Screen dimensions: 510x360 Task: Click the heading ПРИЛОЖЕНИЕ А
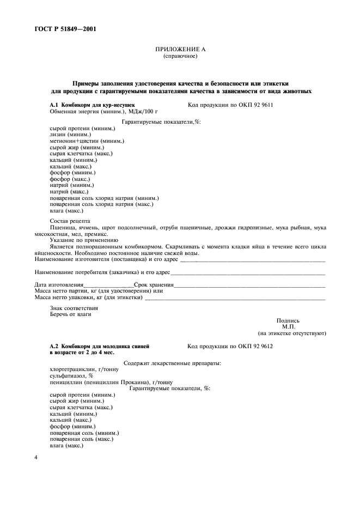tap(180, 50)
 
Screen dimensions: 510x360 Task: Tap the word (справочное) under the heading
tap(180, 56)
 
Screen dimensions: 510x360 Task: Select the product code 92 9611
tap(261, 104)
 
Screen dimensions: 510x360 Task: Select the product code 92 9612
tap(261, 346)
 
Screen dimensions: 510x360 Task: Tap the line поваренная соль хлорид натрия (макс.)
tap(101, 204)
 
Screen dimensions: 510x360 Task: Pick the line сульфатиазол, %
tap(71, 375)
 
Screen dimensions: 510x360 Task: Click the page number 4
tap(36, 458)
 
